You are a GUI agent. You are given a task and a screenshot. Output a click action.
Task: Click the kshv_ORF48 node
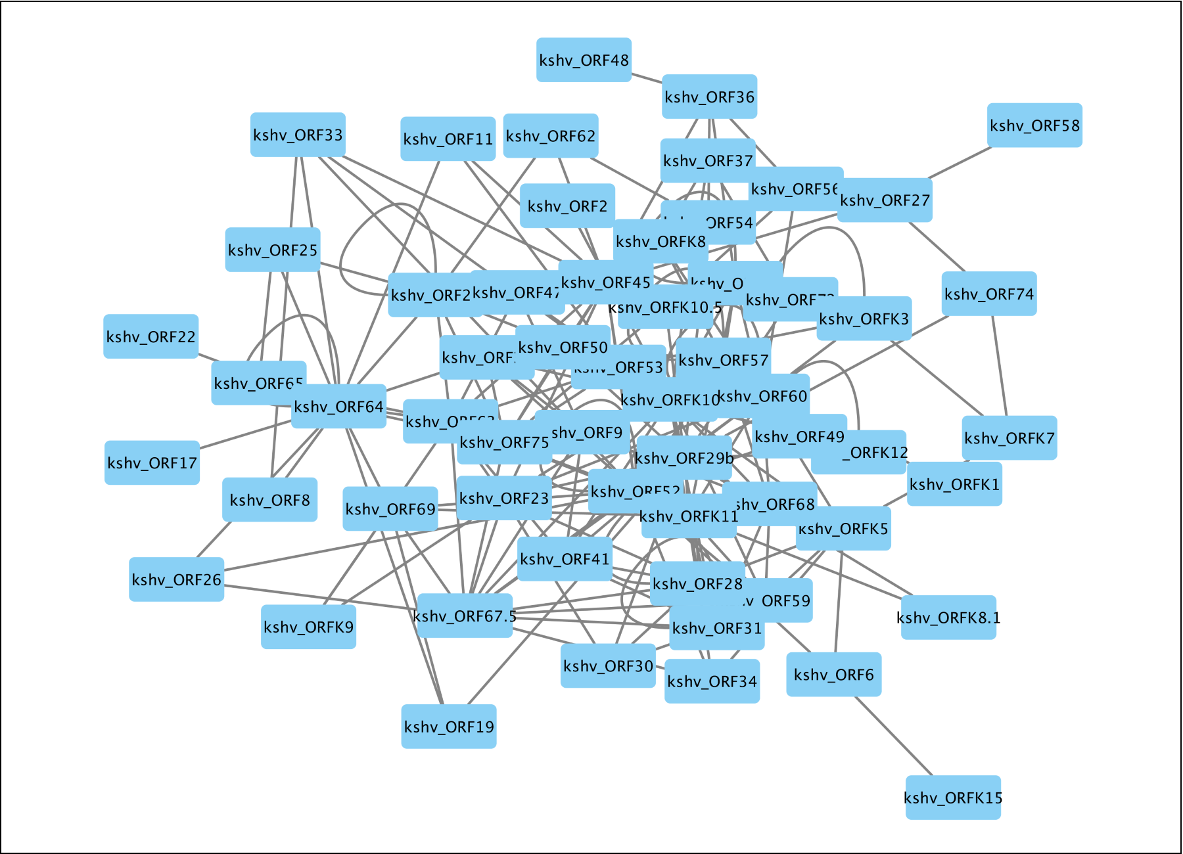coord(584,60)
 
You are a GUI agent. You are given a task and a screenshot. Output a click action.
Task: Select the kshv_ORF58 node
coord(1034,125)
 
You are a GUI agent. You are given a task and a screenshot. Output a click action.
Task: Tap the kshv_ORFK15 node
coord(953,797)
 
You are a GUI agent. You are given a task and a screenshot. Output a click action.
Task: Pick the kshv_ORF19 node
coord(449,726)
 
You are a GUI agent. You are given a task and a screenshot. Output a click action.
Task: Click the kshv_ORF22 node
coord(151,336)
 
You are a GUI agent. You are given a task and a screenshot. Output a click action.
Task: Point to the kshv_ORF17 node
coord(152,462)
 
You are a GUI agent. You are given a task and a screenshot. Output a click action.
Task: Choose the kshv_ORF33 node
coord(298,135)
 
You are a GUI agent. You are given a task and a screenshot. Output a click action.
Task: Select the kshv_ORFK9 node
coord(308,627)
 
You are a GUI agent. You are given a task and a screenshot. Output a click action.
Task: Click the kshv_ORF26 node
coord(176,579)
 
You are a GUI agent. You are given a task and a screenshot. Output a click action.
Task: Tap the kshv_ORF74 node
coord(988,294)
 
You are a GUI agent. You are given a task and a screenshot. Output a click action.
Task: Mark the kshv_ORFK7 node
coord(1009,438)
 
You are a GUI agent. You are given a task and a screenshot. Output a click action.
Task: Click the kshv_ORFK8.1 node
coord(948,617)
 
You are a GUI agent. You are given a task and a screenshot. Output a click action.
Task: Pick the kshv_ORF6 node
coord(833,674)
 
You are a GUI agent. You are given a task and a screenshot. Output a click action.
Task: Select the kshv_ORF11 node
coord(448,139)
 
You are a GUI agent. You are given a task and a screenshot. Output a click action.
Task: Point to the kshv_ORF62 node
coord(550,135)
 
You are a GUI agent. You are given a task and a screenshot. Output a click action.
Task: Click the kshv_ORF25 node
coord(272,250)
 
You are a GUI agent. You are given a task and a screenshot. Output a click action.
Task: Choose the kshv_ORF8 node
coord(269,499)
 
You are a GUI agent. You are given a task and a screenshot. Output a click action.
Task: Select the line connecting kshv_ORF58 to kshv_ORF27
coord(960,162)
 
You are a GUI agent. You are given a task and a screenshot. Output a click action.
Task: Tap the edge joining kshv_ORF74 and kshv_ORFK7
coord(999,365)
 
